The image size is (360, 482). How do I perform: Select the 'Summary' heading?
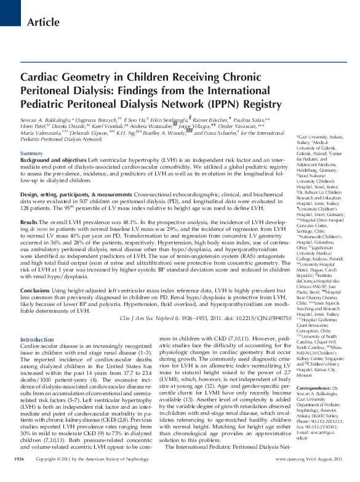(x=31, y=153)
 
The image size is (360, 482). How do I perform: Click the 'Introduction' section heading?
(x=38, y=340)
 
